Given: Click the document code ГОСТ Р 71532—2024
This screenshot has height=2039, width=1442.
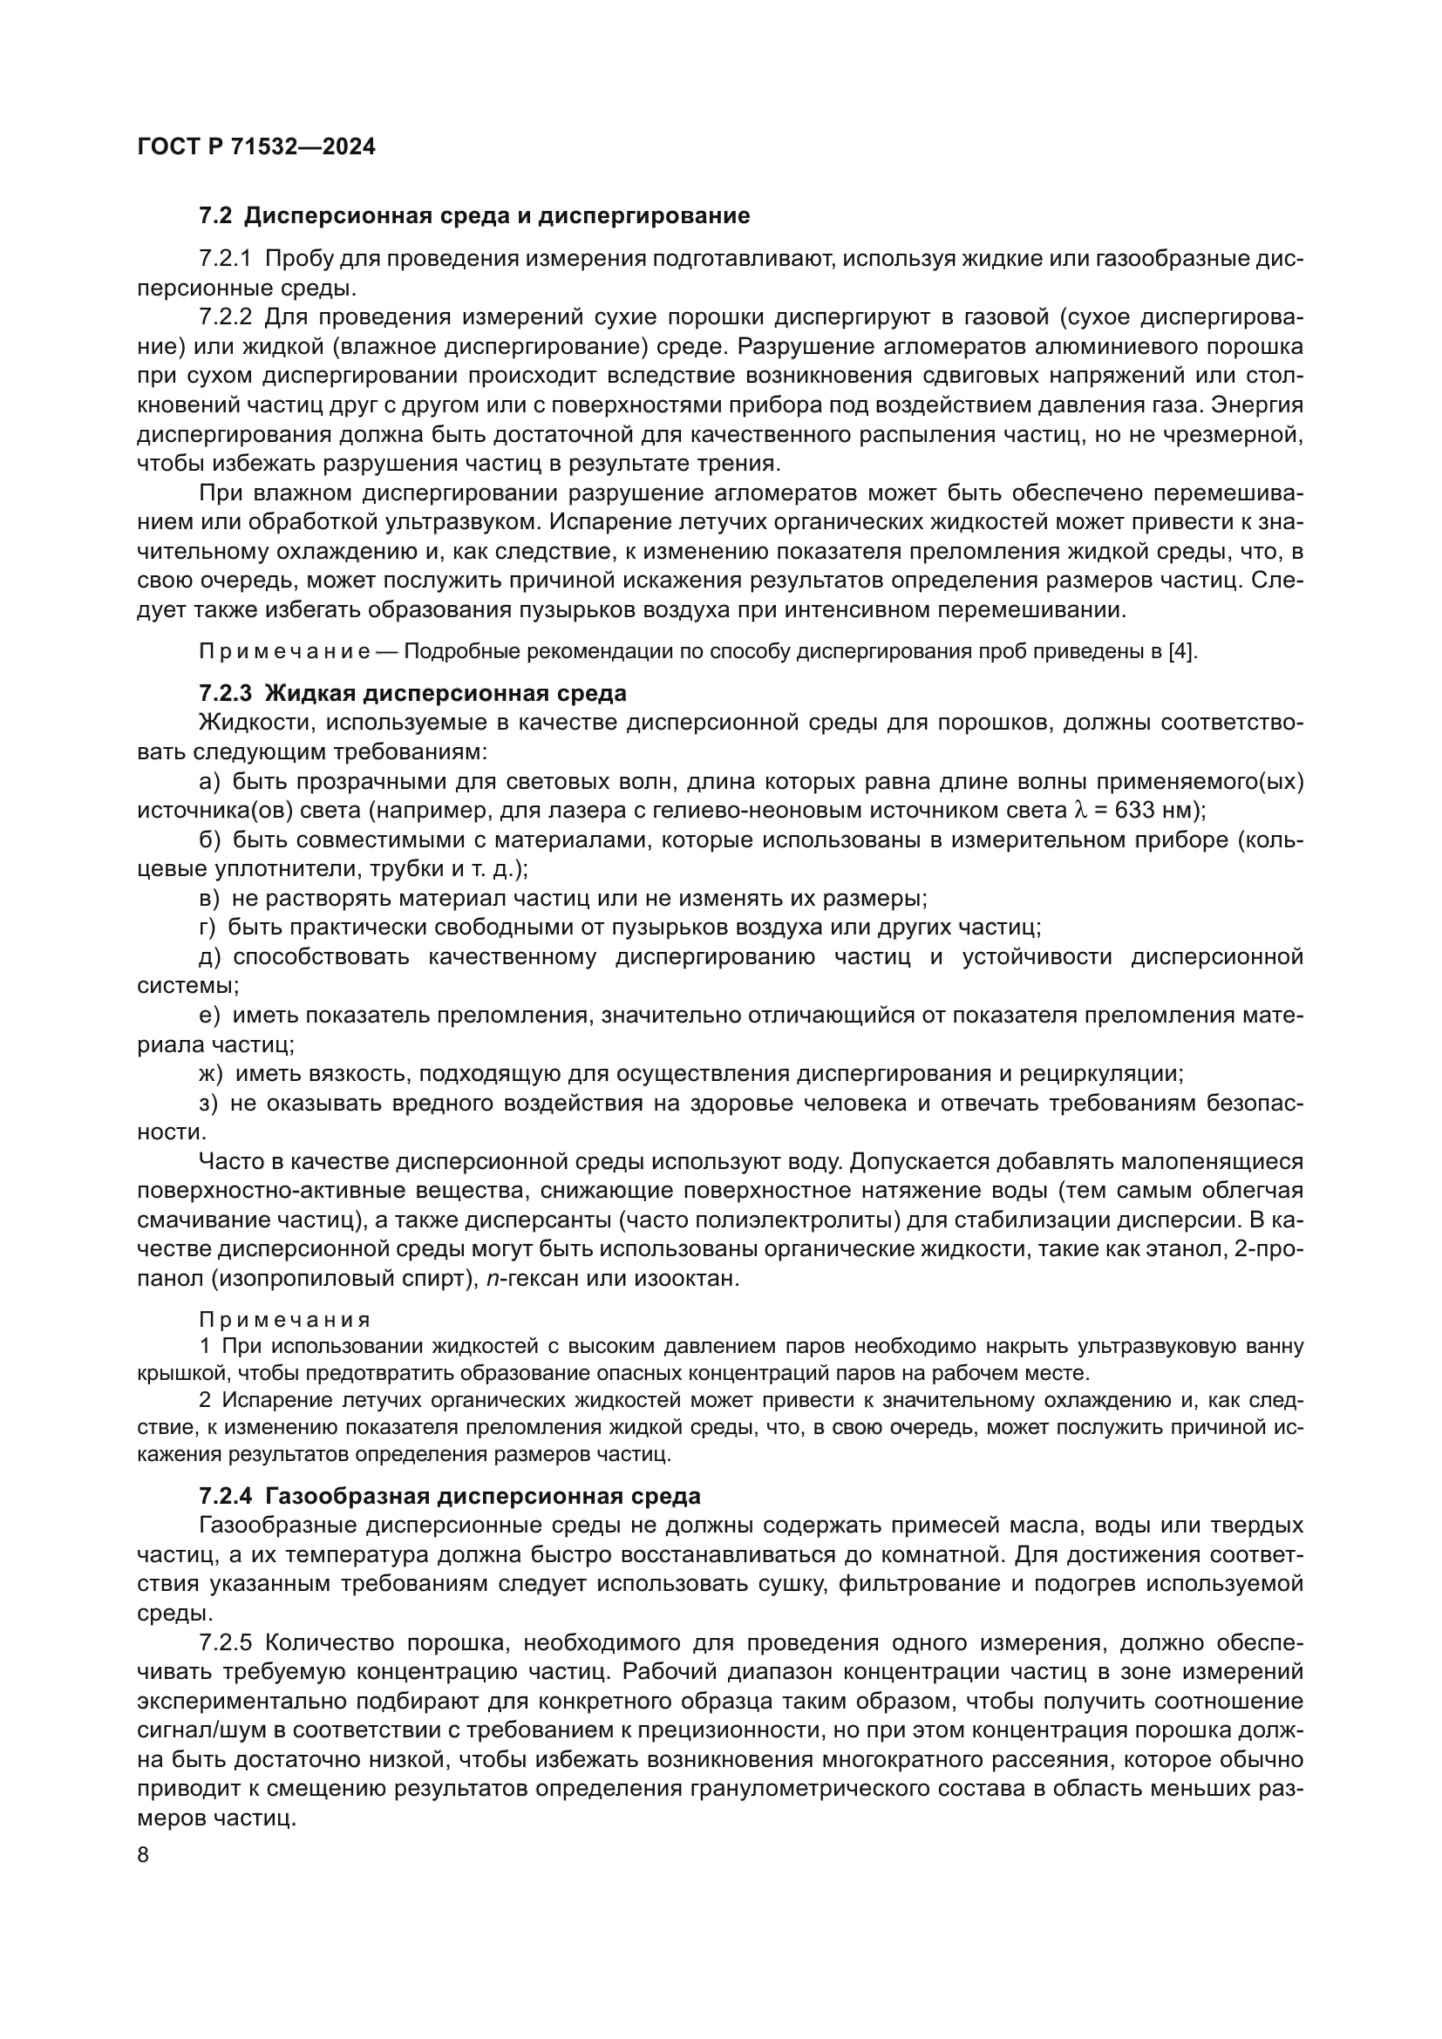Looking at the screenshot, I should pyautogui.click(x=256, y=147).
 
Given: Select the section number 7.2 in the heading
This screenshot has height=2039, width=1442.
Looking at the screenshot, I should pyautogui.click(x=214, y=216).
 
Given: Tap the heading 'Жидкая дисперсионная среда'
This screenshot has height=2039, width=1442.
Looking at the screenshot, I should pyautogui.click(x=446, y=693).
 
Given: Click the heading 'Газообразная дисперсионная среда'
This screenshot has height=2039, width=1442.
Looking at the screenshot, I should pyautogui.click(x=483, y=1497).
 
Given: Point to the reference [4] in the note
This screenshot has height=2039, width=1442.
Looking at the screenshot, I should pyautogui.click(x=1183, y=651).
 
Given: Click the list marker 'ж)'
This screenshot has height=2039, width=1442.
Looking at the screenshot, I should pyautogui.click(x=212, y=1074).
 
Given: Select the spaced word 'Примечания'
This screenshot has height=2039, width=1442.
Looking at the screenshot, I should pyautogui.click(x=285, y=1320).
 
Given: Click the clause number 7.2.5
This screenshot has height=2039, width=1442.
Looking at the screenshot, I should pyautogui.click(x=227, y=1643).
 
